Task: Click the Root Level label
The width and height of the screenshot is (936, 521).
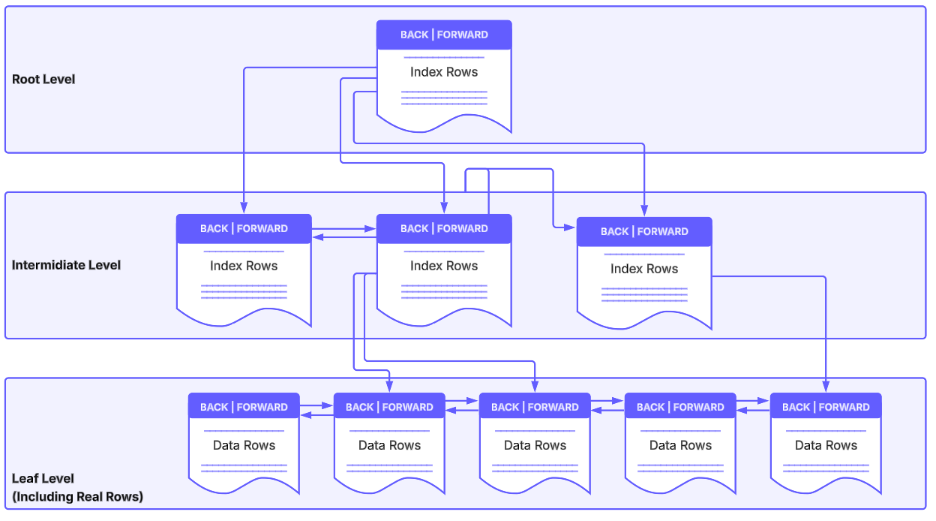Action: click(x=43, y=79)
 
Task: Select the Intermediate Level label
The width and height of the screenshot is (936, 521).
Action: click(x=66, y=265)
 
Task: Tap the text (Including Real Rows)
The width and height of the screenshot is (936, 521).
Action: click(x=77, y=496)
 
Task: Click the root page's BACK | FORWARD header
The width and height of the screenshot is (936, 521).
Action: click(x=444, y=35)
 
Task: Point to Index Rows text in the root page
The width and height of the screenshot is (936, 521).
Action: click(x=444, y=72)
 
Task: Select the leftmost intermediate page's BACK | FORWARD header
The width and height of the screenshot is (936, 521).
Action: click(x=244, y=228)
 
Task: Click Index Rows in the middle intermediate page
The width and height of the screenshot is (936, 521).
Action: click(x=444, y=266)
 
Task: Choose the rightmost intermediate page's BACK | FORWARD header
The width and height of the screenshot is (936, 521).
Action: click(x=644, y=231)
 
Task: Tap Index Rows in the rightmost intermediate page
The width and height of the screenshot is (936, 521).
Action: click(x=644, y=269)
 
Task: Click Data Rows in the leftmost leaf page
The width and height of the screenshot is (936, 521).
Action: click(x=244, y=445)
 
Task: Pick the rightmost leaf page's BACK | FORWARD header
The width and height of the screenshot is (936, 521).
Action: click(x=826, y=407)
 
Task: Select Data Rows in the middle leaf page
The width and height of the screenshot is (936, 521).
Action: click(x=535, y=445)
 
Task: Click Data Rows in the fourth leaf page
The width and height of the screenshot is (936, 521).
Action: click(x=680, y=445)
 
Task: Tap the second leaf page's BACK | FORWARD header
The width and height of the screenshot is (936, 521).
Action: click(x=389, y=407)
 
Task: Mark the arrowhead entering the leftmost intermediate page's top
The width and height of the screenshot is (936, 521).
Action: click(x=244, y=209)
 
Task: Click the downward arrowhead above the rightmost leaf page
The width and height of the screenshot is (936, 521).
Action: click(x=826, y=387)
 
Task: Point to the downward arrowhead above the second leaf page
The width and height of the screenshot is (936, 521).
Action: click(x=389, y=387)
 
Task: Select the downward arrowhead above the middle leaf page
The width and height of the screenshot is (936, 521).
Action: click(x=535, y=387)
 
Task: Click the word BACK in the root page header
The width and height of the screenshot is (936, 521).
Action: click(x=414, y=35)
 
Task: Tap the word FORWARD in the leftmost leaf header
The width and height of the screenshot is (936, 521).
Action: click(x=262, y=407)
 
